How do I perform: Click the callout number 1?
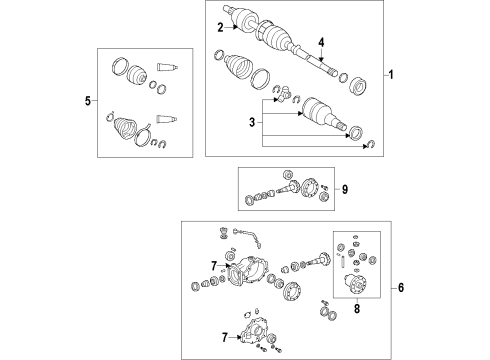(392, 76)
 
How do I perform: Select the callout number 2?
(219, 28)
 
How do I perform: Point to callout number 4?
(321, 43)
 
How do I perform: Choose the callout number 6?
(400, 288)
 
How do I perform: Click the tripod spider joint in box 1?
(287, 94)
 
